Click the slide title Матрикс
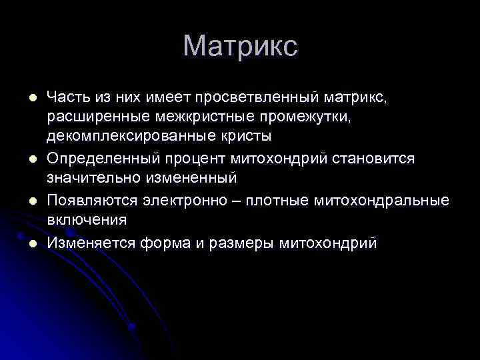coord(240,47)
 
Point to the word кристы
coord(248,138)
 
